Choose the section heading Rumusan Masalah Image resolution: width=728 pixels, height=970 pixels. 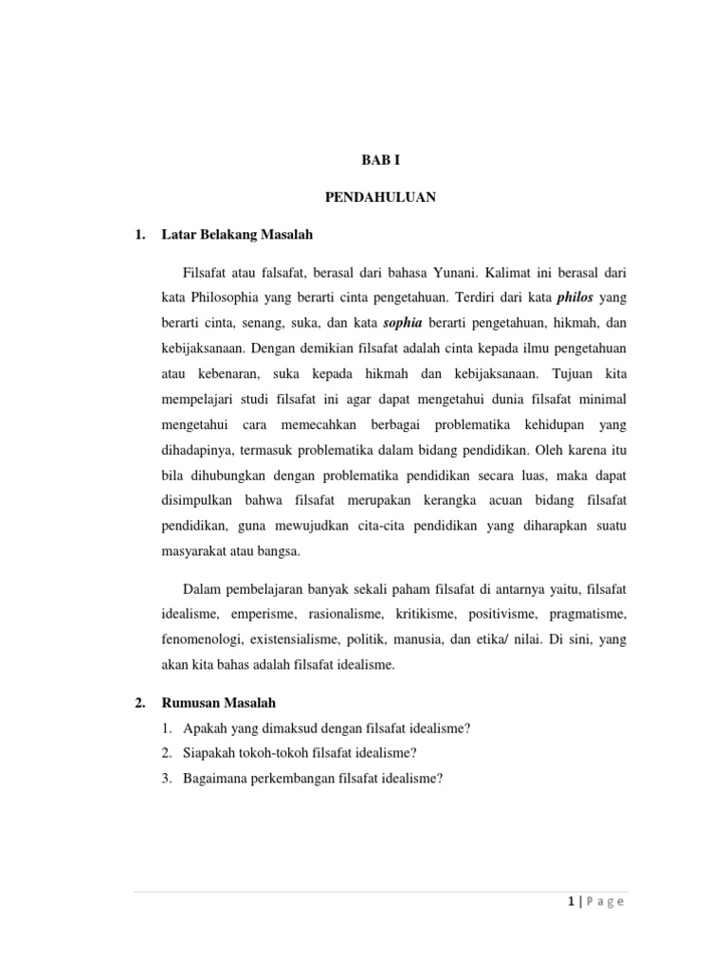click(223, 703)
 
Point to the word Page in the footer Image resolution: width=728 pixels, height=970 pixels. click(603, 902)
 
